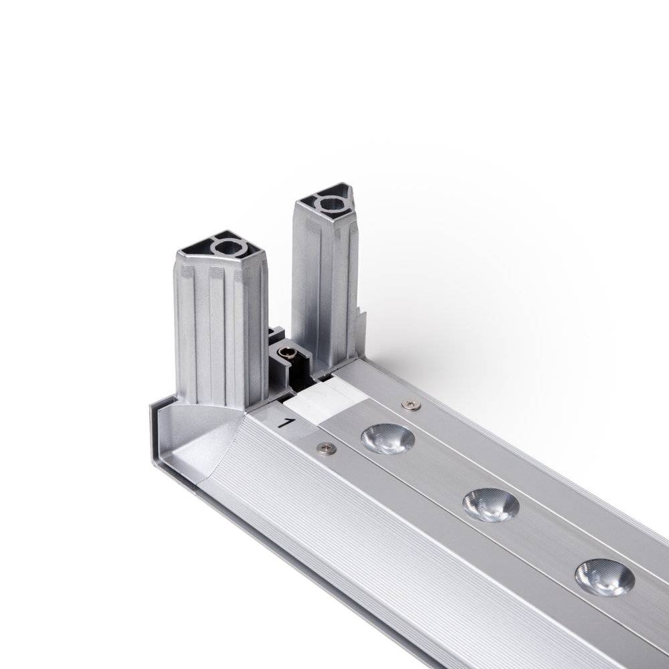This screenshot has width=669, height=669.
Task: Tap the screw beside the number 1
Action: (327, 448)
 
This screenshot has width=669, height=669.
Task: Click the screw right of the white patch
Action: (411, 405)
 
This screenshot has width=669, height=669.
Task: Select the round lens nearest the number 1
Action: (387, 439)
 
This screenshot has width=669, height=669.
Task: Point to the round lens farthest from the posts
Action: (605, 578)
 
